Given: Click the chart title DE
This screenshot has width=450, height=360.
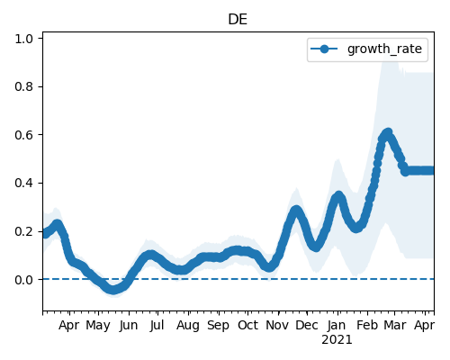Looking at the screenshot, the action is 238,20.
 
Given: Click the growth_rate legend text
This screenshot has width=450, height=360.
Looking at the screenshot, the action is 384,49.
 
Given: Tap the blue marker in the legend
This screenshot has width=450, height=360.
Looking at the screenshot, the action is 324,49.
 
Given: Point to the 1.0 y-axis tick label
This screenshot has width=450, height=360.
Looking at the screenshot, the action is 24,39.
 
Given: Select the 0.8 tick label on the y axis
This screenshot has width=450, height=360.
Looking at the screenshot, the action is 24,86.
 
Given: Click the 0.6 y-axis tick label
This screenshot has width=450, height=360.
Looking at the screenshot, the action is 24,135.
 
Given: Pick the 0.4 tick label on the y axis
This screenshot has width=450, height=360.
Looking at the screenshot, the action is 24,183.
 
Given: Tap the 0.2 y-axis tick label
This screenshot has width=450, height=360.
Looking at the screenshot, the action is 24,231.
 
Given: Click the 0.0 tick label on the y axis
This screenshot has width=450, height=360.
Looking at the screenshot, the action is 24,280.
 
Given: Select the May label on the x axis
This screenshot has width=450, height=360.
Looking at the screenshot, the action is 98,326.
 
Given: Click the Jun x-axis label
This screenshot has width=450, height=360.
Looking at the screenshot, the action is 129,326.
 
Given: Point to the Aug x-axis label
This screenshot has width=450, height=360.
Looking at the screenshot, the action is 188,326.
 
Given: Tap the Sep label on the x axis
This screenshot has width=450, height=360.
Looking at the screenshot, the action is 218,326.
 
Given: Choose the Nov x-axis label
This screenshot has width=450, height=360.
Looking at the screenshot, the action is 277,326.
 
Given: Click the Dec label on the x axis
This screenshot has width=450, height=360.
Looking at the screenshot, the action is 307,326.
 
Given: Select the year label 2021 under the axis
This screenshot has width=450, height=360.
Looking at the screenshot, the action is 337,340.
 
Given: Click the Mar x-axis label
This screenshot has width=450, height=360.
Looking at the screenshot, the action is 395,326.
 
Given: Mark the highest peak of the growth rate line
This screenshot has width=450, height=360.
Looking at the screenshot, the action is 388,132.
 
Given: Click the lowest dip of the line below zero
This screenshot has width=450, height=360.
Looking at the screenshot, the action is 112,290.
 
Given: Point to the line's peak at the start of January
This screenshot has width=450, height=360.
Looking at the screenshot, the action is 338,196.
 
